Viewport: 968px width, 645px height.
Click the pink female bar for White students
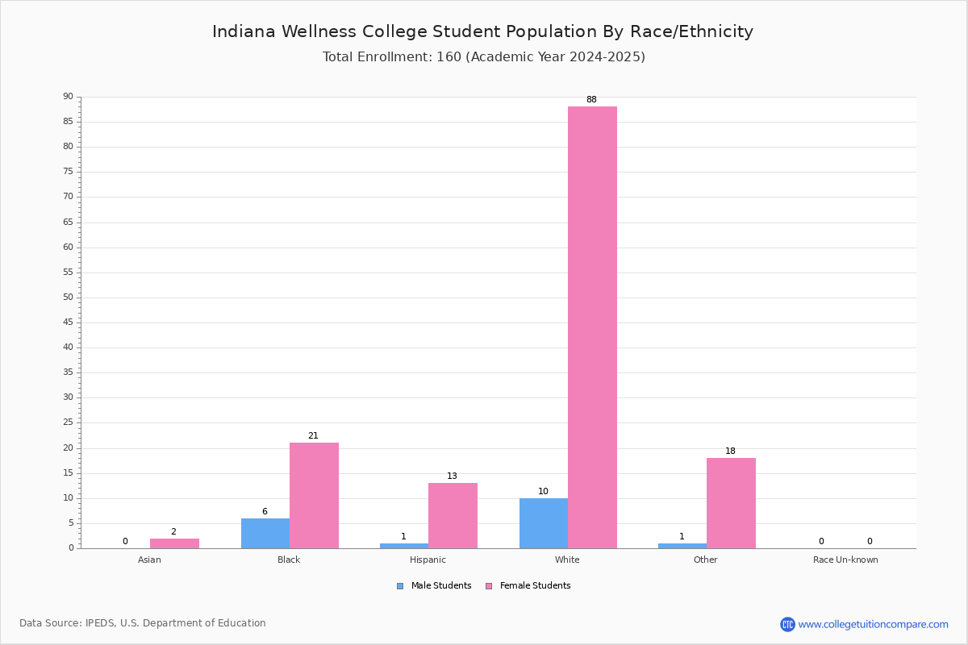592,327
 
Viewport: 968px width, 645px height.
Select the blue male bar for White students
544,523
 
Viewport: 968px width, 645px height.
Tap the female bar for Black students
314,496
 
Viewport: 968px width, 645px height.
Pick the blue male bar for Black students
265,534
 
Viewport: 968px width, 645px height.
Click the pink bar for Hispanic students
453,516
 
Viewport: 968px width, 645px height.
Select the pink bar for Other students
731,503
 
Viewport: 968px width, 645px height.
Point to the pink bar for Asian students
174,543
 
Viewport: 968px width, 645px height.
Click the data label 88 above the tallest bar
591,99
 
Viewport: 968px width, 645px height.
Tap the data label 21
313,435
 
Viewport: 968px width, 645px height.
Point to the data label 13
452,476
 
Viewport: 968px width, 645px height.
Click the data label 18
730,451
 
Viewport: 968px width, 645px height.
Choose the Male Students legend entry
434,585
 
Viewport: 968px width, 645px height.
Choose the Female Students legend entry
528,585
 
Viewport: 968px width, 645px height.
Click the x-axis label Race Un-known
845,560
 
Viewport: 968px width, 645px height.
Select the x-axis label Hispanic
428,560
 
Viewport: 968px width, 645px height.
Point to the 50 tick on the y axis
69,298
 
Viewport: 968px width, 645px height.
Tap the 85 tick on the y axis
69,122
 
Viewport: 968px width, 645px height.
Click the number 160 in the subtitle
449,56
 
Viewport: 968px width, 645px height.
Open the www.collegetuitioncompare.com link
873,624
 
